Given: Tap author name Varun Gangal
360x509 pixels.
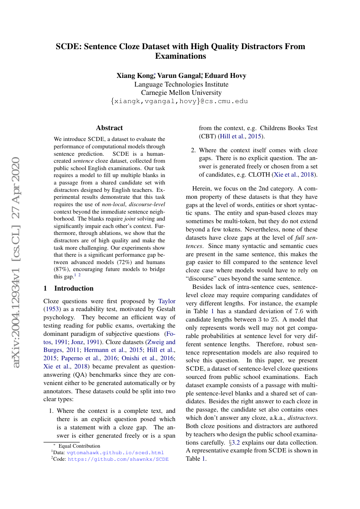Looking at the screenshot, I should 179,76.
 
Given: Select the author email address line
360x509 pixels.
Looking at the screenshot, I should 180,101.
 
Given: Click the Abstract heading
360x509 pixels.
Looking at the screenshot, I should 109,128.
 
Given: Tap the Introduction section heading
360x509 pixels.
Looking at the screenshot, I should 74,288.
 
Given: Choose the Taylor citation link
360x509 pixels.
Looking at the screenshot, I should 167,301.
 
